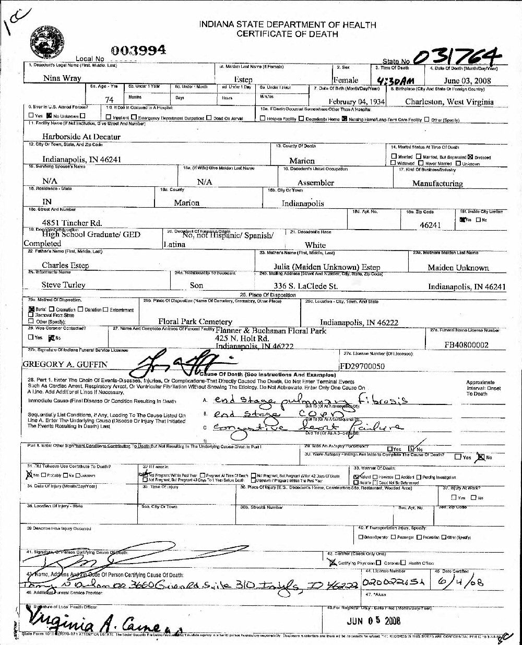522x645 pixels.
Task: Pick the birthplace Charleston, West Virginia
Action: (449, 102)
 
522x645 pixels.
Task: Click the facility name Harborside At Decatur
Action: (81, 137)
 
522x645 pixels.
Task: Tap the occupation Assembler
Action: (315, 183)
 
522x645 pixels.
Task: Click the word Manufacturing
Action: (437, 183)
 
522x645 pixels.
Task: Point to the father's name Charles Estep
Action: (65, 265)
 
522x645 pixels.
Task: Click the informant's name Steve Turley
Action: (63, 285)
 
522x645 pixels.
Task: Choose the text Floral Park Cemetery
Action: (195, 321)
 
